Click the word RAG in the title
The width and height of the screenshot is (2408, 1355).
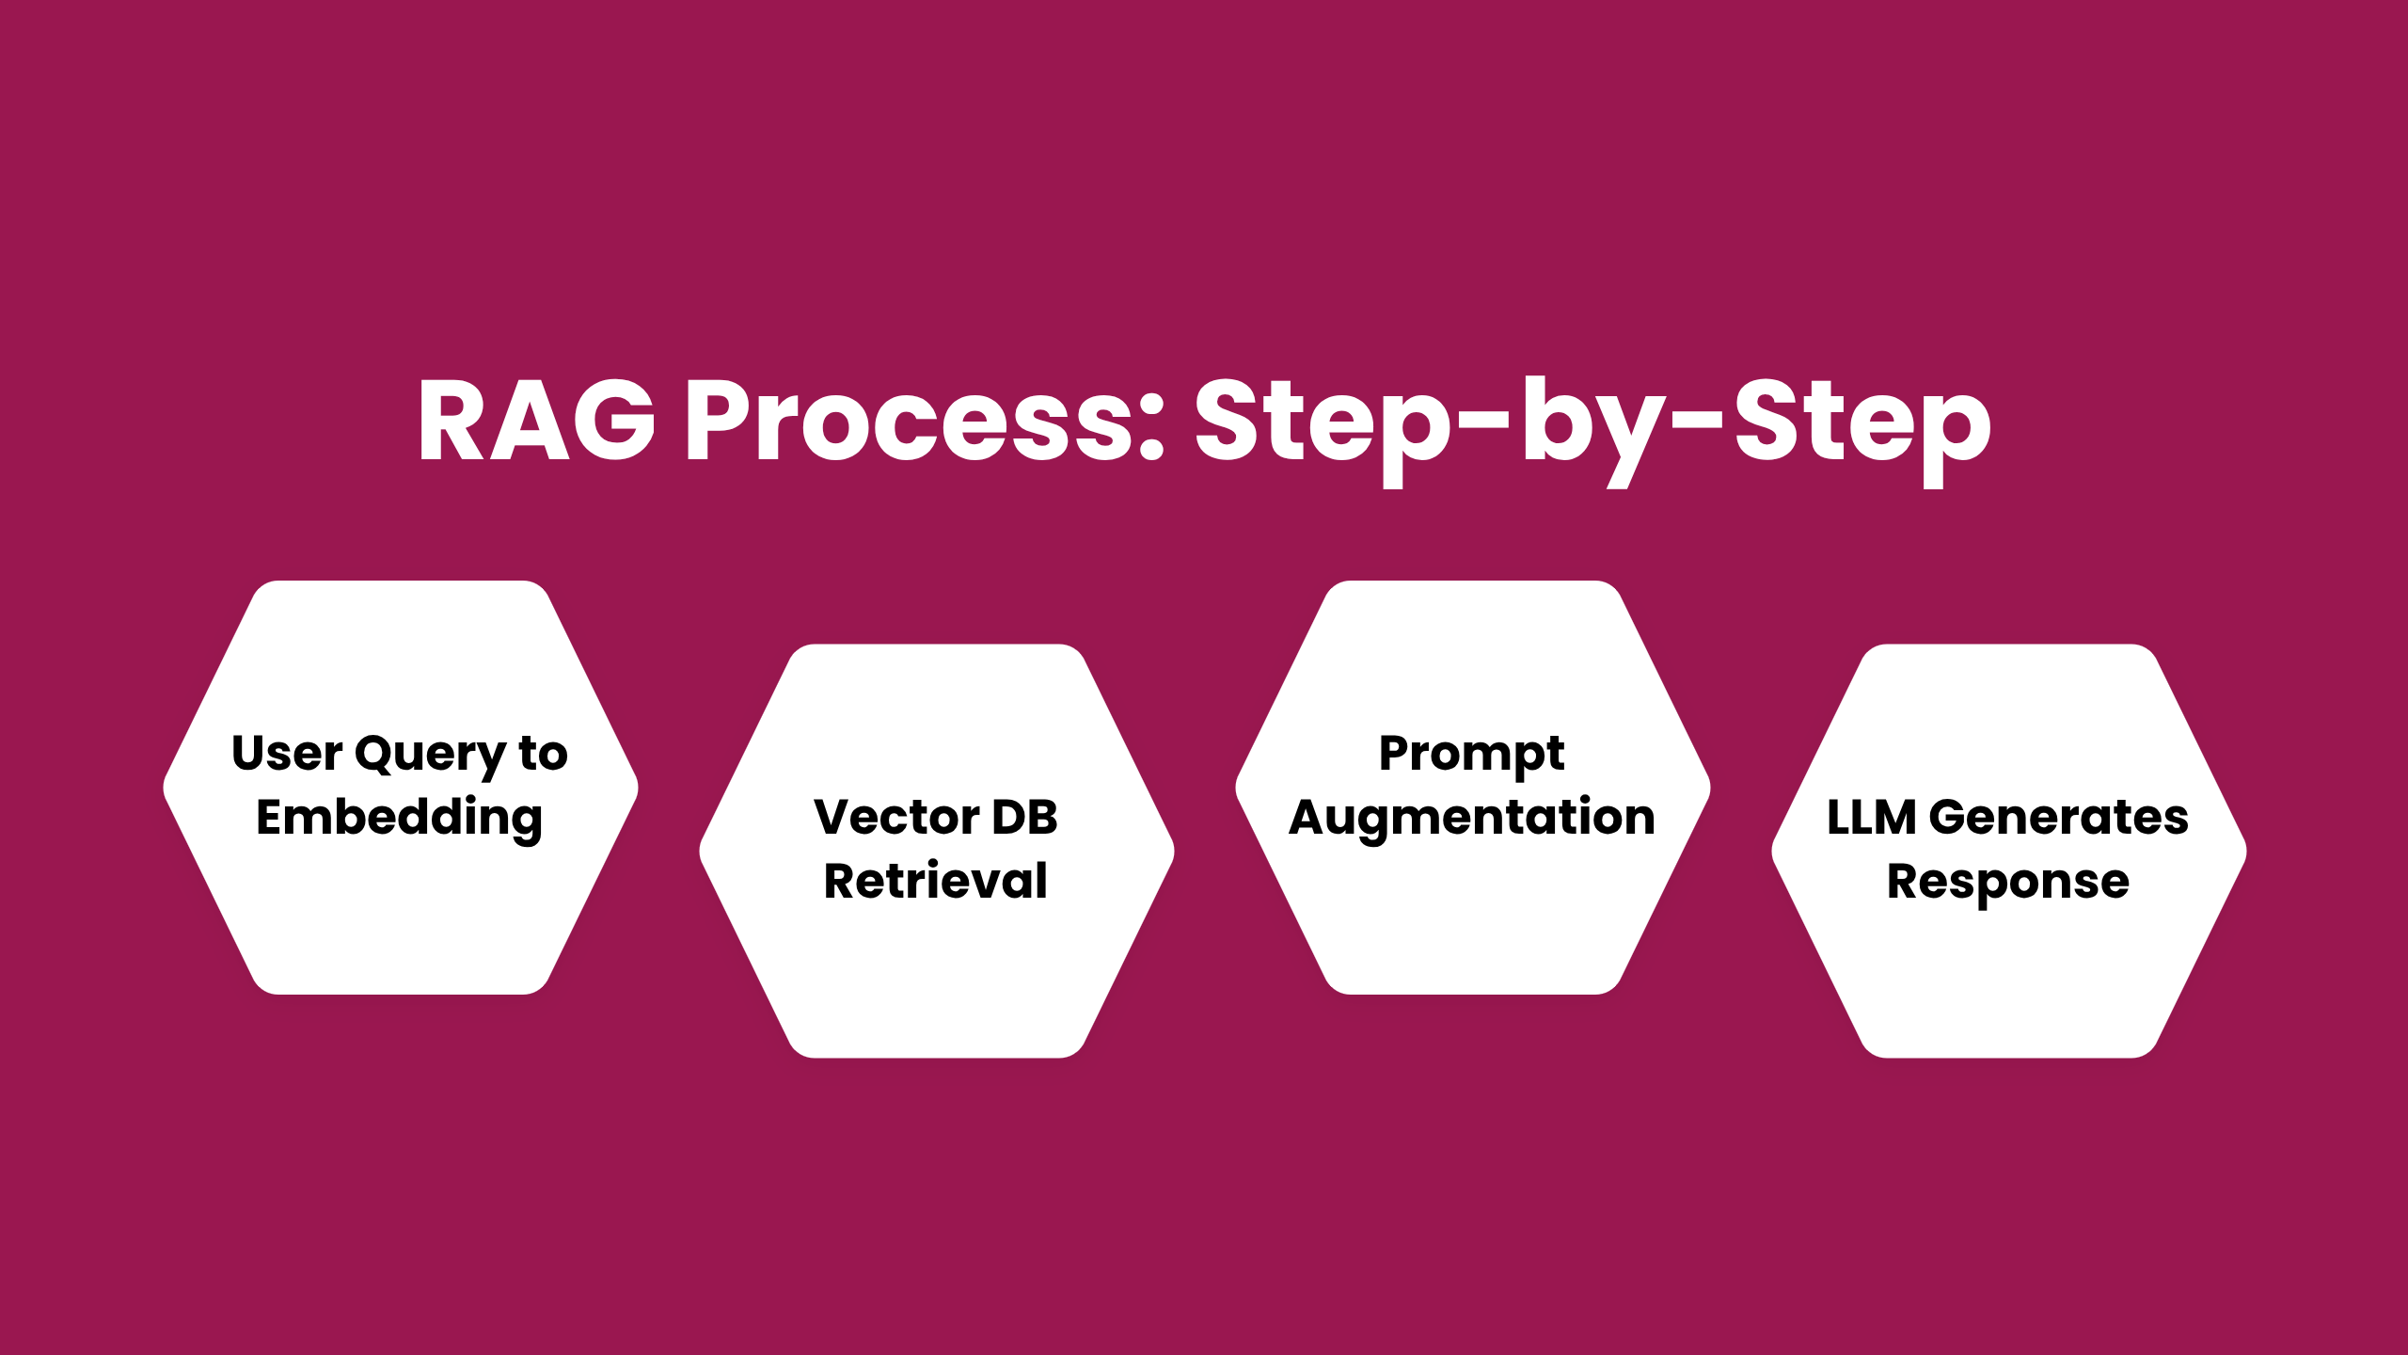[x=536, y=420]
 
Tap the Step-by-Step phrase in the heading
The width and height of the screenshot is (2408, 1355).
[x=1592, y=431]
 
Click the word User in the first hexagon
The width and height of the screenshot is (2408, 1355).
[x=287, y=754]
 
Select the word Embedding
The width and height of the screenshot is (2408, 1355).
[x=400, y=819]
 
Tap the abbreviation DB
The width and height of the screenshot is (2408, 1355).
[x=1025, y=817]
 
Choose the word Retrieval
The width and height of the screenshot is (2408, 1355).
[x=936, y=881]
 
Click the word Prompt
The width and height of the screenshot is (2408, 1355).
[x=1472, y=756]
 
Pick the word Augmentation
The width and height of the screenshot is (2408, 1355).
[x=1472, y=819]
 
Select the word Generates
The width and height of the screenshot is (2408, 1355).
[x=2059, y=817]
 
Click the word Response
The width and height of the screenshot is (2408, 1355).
[x=2008, y=884]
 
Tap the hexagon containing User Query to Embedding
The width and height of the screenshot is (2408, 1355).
[x=401, y=788]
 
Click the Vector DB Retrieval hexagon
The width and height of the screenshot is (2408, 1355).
[x=937, y=852]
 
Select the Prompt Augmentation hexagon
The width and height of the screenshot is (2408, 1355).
[x=1473, y=788]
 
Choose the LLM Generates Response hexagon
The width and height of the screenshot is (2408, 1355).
[x=2009, y=852]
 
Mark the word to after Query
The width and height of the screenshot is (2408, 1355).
[x=544, y=754]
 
